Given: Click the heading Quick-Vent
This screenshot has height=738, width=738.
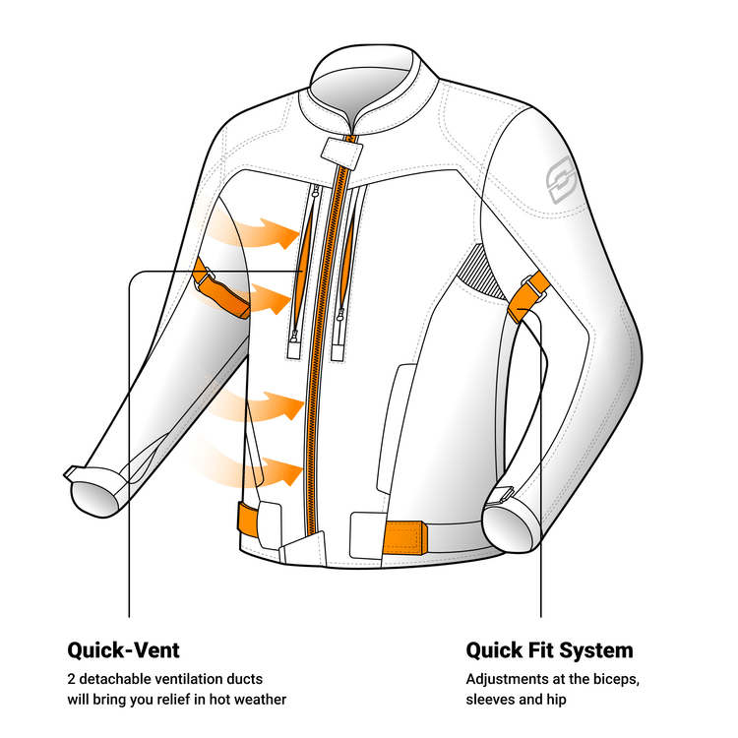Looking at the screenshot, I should (x=123, y=650).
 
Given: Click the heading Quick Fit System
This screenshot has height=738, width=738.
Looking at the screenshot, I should (x=549, y=650).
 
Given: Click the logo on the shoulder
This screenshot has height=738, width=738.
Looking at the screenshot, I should (x=563, y=181).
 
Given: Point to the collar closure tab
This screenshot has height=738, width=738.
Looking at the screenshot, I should (x=341, y=151).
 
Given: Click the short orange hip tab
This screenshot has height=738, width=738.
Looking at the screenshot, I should (x=254, y=520).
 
